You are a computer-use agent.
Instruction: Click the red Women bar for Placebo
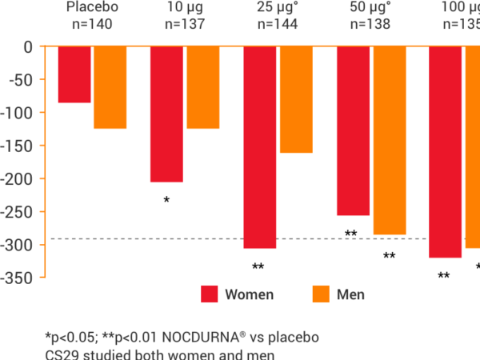[x=74, y=75]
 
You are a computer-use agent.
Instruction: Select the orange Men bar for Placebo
[x=110, y=88]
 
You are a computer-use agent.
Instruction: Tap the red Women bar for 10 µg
[x=166, y=114]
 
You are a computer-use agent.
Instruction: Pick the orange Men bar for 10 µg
[x=202, y=88]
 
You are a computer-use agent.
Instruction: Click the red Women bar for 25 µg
[x=260, y=148]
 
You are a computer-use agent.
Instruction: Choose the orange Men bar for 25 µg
[x=296, y=100]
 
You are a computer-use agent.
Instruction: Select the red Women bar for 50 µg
[x=353, y=131]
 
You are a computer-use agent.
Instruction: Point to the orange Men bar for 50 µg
[x=389, y=142]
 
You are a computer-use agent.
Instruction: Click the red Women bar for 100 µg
[x=446, y=152]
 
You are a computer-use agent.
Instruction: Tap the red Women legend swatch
[x=210, y=294]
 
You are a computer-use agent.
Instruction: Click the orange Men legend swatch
[x=320, y=294]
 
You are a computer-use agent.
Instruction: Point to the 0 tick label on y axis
[x=27, y=46]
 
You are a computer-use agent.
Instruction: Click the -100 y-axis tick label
[x=21, y=113]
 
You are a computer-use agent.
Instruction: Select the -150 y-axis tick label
[x=21, y=146]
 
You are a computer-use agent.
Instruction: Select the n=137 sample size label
[x=184, y=24]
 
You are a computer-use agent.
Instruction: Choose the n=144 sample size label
[x=277, y=24]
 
